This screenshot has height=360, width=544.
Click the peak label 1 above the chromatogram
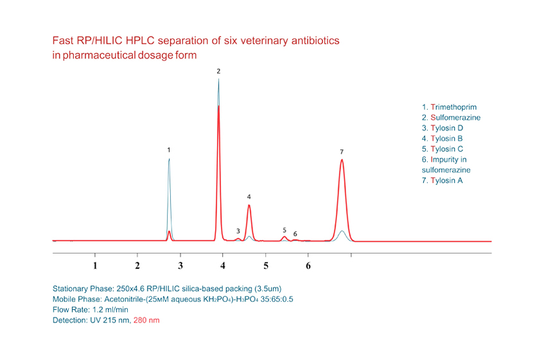[168, 150]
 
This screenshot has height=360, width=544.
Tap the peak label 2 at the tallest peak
[218, 71]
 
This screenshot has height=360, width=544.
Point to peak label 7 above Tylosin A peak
[342, 151]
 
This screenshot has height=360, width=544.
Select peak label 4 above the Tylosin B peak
[249, 196]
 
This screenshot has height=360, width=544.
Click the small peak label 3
[238, 230]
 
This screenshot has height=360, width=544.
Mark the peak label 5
[285, 230]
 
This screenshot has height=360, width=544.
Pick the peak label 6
[295, 234]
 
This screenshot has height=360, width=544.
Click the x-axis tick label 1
[95, 265]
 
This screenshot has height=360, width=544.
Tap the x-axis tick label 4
[223, 265]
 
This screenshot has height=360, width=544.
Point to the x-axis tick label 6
[308, 265]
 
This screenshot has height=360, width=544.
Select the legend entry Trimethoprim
[449, 107]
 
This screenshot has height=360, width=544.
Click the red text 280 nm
[146, 319]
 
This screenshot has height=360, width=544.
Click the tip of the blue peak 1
[169, 159]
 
